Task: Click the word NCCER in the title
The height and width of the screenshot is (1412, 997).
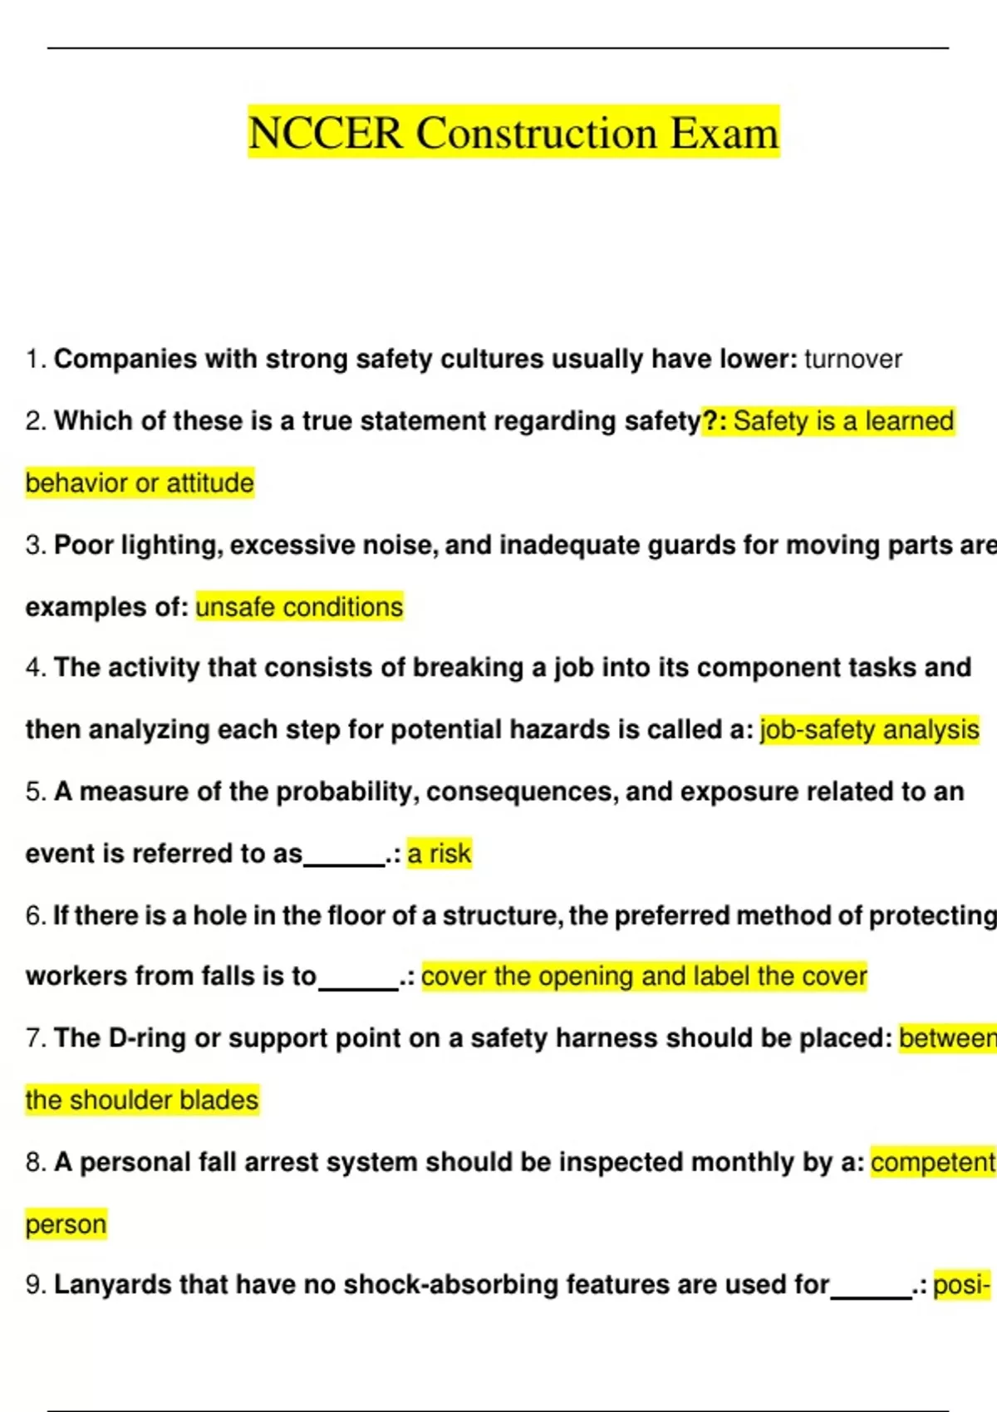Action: [x=325, y=133]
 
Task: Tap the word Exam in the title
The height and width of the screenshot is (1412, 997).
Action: [x=724, y=133]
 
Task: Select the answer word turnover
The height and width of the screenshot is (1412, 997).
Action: [x=852, y=360]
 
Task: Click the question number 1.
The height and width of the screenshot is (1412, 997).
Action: [x=34, y=360]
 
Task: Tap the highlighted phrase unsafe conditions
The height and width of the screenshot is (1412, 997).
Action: [x=299, y=607]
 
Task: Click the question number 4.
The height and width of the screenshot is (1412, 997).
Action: [x=34, y=668]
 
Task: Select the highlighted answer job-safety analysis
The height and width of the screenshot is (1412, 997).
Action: [x=869, y=730]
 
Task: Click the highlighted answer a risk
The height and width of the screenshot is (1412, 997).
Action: [x=440, y=854]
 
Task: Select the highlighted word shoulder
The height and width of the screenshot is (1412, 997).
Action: [x=120, y=1101]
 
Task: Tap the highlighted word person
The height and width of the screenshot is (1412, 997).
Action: [x=66, y=1224]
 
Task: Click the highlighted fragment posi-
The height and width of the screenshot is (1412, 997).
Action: [x=962, y=1285]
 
